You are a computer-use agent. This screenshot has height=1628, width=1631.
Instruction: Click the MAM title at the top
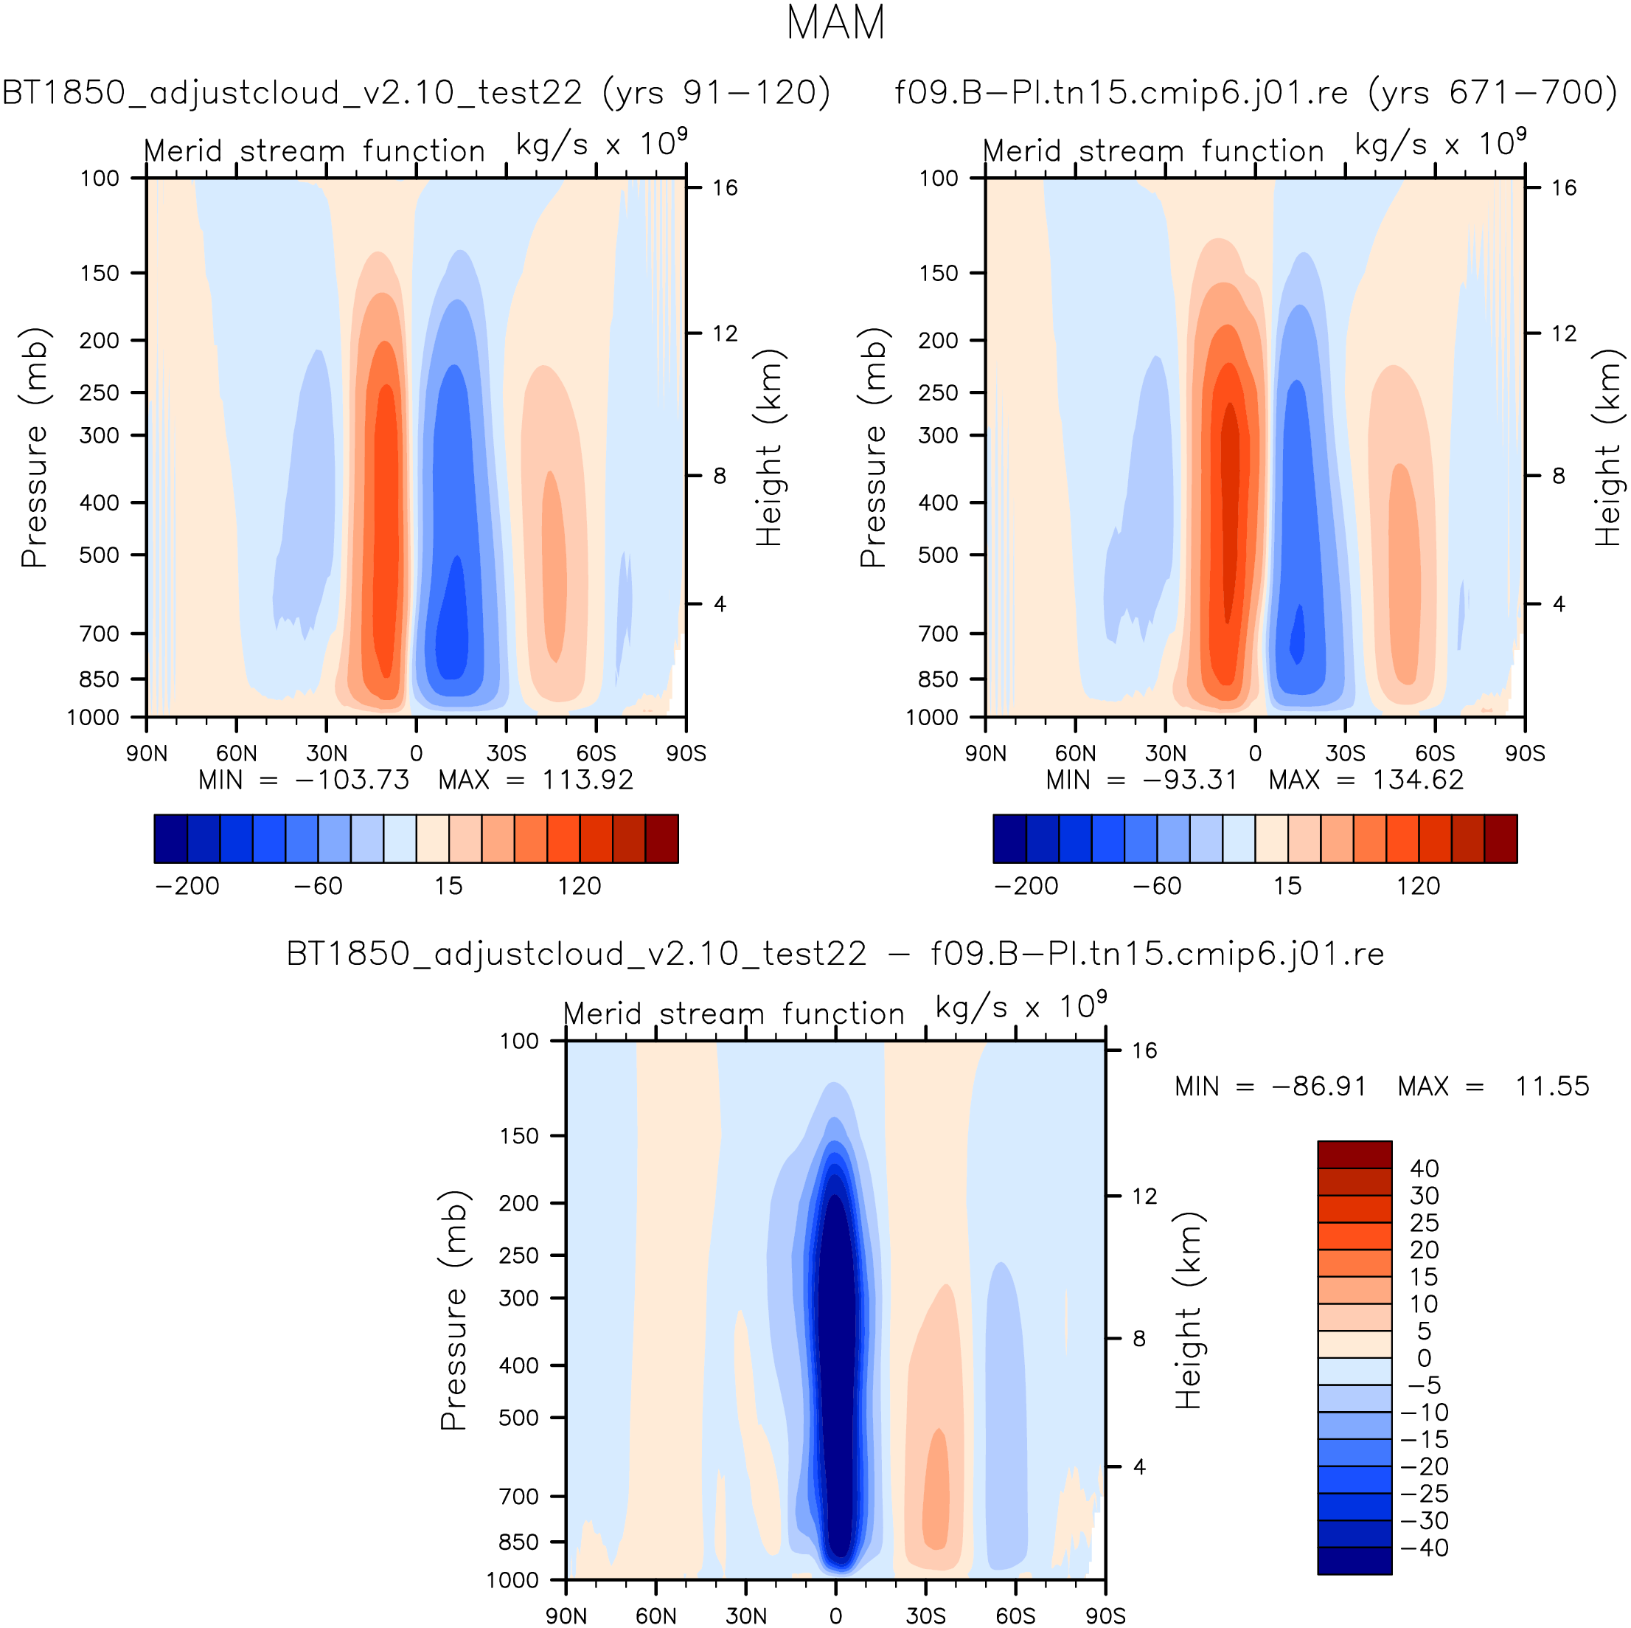835,24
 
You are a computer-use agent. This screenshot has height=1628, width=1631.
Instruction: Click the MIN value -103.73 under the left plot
351,780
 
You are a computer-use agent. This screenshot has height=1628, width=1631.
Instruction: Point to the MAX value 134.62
1417,780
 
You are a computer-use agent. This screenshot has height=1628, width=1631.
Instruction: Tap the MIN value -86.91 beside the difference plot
1318,1086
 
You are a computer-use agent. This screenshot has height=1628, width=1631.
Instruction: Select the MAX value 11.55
1551,1086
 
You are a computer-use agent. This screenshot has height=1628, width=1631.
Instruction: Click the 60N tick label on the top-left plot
237,753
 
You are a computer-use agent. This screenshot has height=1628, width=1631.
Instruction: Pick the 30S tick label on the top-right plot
1345,753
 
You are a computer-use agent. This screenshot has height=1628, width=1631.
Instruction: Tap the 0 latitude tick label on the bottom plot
835,1616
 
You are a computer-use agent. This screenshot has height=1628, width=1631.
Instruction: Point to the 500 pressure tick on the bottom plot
518,1418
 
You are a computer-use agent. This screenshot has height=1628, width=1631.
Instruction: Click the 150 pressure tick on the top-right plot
939,273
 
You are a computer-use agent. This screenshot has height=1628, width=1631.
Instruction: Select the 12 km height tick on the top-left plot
723,333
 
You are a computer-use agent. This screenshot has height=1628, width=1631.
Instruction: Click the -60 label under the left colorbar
319,886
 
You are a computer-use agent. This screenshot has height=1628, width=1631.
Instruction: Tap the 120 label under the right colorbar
1417,886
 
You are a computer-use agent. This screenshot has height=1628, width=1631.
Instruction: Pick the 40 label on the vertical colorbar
1424,1168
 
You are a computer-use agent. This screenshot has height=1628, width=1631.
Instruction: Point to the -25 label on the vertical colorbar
1424,1494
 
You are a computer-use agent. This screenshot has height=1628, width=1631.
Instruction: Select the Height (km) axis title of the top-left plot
768,448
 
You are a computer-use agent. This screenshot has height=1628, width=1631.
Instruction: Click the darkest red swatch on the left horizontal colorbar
662,839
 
